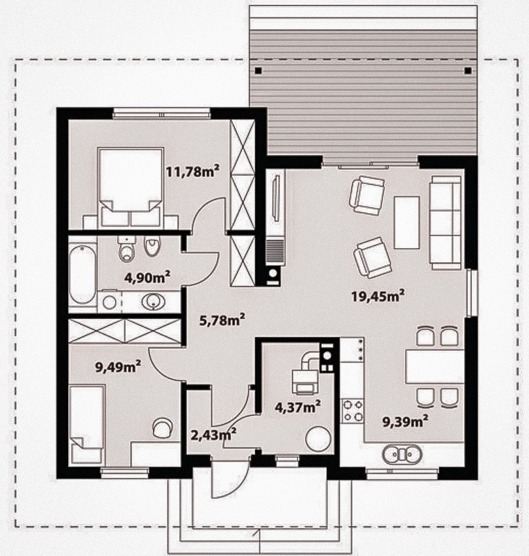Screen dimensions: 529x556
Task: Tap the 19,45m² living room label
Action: (x=378, y=295)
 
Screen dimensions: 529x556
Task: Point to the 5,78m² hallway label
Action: (x=222, y=320)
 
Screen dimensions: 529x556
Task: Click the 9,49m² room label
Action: (x=118, y=366)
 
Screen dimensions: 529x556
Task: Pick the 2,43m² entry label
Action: (x=214, y=435)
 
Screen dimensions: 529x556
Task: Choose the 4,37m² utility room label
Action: (x=298, y=407)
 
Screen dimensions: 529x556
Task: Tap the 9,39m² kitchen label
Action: (x=405, y=422)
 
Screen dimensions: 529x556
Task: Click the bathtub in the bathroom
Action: (x=82, y=274)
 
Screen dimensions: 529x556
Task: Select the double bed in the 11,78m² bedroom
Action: (x=131, y=188)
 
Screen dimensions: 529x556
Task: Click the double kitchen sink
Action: (x=402, y=454)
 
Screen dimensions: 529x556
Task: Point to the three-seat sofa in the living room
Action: (x=446, y=222)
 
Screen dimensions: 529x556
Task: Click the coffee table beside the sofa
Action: (x=407, y=222)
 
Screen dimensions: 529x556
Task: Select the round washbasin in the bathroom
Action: (x=154, y=302)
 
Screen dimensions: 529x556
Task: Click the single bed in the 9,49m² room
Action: (x=87, y=425)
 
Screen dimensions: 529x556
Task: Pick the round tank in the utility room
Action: (x=318, y=439)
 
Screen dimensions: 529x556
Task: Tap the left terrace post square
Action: (x=259, y=71)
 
